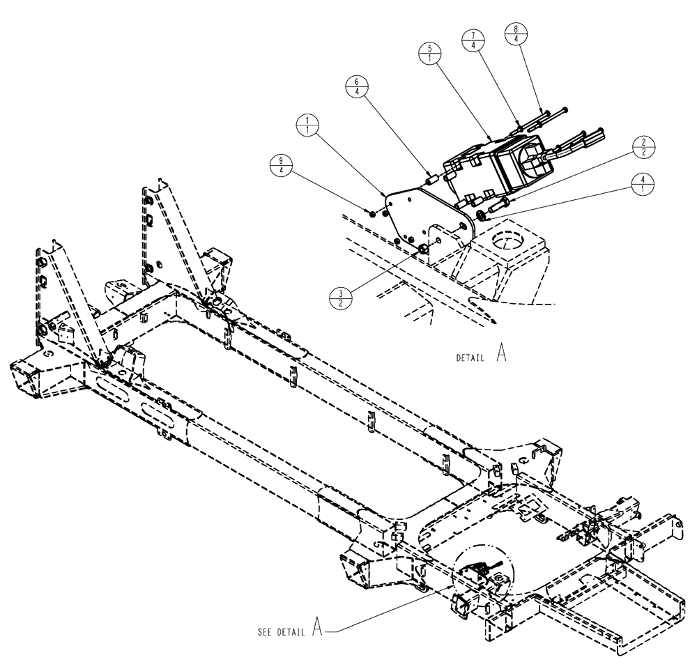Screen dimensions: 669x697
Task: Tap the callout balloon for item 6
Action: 356,89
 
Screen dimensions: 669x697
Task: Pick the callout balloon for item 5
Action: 430,53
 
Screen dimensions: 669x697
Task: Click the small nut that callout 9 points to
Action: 372,214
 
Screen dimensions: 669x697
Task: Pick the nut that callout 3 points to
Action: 422,249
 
